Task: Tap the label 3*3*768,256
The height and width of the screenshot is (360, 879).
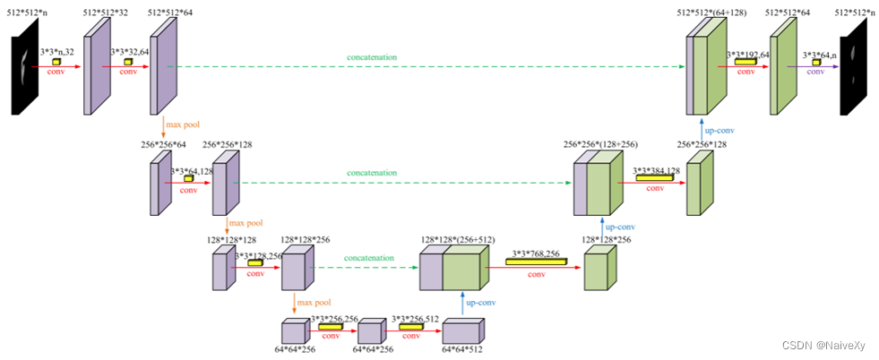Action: point(536,253)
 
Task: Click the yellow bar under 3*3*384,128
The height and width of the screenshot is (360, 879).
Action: point(652,177)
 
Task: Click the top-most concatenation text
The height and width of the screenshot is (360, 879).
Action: point(372,57)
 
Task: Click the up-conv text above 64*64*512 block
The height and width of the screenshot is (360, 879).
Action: point(482,303)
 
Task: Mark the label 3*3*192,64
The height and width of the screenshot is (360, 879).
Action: point(748,54)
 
